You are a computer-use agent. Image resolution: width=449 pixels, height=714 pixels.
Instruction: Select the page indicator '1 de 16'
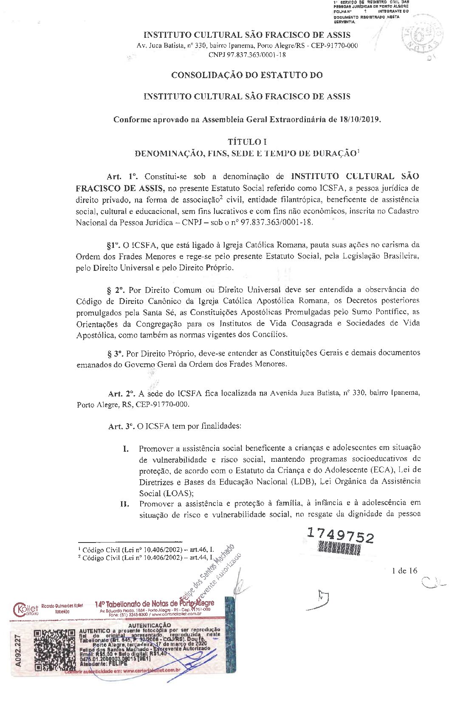tap(404, 571)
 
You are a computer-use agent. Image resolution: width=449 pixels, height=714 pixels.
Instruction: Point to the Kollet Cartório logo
tap(25, 609)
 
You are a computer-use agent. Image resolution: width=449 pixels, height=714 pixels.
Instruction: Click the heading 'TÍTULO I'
tap(247, 142)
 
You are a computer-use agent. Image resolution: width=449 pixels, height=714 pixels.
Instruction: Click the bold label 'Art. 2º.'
tap(121, 394)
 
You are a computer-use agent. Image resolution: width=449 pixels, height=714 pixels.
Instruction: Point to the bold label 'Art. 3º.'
tap(121, 426)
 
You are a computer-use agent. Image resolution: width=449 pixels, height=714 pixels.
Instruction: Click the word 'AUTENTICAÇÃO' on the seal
tap(149, 625)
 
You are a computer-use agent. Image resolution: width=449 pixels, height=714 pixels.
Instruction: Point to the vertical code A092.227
tap(18, 651)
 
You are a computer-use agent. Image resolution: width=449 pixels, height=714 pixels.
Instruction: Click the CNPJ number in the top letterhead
tap(247, 55)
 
